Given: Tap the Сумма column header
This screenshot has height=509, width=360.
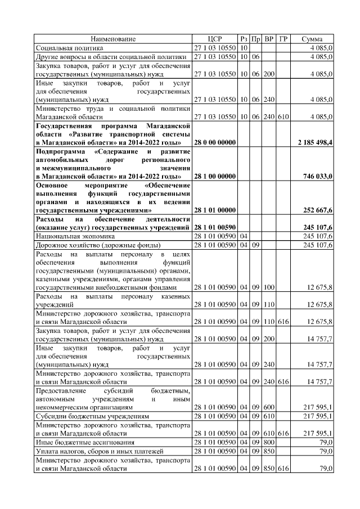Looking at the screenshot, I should [312, 39].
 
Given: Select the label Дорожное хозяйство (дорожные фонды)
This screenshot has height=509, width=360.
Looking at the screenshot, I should [98, 245].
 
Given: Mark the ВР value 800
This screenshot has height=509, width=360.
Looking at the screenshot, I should [269, 443].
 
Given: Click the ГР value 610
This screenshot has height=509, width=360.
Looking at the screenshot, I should [283, 116].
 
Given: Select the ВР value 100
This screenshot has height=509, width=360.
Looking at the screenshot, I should [269, 287].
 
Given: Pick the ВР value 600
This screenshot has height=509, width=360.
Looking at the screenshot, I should [269, 406].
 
